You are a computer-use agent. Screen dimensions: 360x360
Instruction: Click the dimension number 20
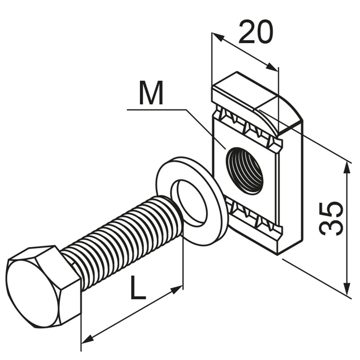tap(256, 31)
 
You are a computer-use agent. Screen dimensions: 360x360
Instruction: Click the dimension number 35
tap(331, 219)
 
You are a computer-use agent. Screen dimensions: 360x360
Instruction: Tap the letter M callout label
tap(151, 93)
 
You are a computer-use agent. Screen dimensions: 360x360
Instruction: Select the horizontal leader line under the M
tap(157, 110)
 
